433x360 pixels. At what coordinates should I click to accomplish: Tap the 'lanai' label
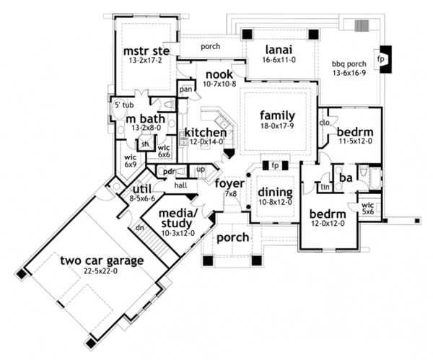coord(279,50)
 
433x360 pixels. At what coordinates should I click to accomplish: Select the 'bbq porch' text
coord(348,63)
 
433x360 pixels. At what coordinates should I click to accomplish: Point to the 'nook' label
coord(219,74)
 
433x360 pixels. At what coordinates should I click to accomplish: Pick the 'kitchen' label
coord(206,132)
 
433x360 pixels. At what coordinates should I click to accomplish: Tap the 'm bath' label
coord(145,118)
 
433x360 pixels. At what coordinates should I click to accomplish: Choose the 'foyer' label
coord(230,183)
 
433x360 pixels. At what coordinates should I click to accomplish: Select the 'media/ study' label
coord(178,219)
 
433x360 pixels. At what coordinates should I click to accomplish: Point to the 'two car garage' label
coord(102,260)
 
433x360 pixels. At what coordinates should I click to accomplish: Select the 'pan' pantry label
coord(185,89)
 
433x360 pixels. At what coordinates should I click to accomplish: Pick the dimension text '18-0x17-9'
coord(279,126)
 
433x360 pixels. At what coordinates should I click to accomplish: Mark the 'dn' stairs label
coord(140,227)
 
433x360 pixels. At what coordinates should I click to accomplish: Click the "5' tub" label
coord(122,105)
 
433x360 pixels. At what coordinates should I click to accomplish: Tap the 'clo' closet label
coord(325,123)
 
